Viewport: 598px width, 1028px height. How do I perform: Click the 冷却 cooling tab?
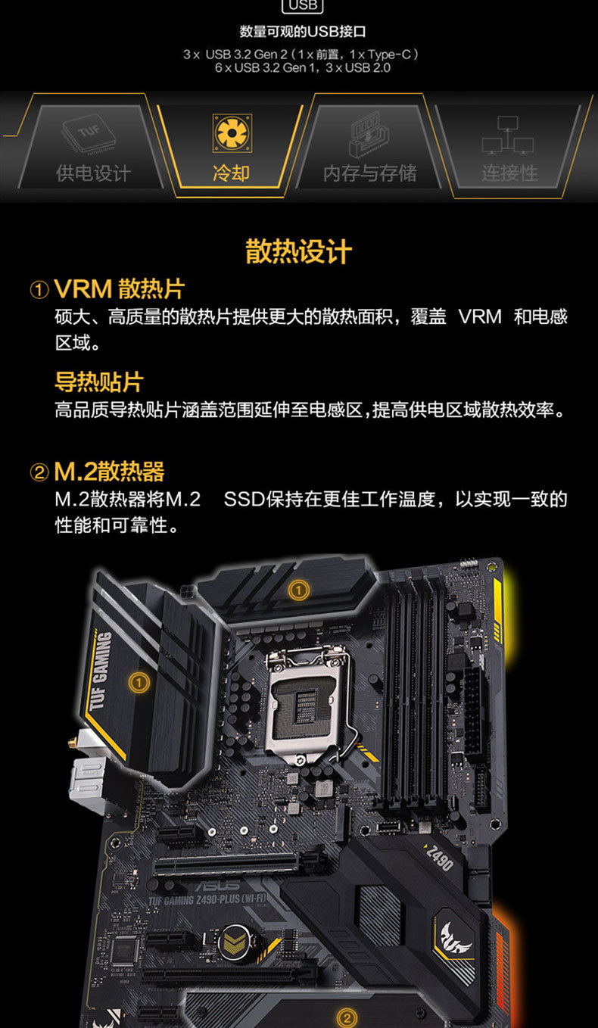[x=231, y=151]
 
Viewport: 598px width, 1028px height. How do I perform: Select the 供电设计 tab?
[x=93, y=151]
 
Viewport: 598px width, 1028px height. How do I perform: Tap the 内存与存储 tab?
[x=369, y=151]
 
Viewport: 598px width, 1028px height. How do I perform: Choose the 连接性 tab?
[x=509, y=151]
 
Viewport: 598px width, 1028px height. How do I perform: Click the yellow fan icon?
[x=230, y=132]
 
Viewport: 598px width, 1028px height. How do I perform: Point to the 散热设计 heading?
[x=298, y=252]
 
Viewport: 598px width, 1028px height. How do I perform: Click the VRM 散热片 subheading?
[x=119, y=288]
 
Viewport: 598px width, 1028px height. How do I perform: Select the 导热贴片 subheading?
[x=98, y=382]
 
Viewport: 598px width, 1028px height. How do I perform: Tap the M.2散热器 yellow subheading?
[x=109, y=472]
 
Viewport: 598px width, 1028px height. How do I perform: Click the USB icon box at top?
[x=302, y=6]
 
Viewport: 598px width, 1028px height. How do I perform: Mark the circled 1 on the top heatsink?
[x=301, y=588]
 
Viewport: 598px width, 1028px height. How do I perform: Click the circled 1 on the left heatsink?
[x=139, y=682]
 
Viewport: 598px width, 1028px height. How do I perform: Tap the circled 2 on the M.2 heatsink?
[x=345, y=1017]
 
